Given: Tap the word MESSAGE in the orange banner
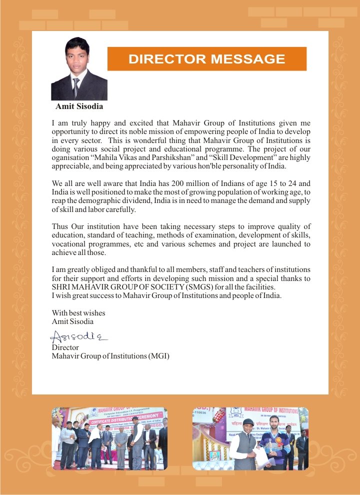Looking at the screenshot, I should coord(247,59).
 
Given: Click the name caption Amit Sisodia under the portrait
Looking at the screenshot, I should coord(79,106).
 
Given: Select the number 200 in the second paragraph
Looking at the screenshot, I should coord(178,183).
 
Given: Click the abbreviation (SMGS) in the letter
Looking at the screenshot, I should coord(187,287).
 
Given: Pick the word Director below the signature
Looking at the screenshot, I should coord(65,347).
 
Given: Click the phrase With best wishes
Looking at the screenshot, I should coord(78,313).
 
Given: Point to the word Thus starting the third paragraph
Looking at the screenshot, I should coord(60,226).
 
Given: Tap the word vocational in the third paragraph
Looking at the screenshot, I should coord(69,244).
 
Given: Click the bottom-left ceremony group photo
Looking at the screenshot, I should coord(110,438).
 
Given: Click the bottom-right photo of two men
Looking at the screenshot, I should coord(250,438).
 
